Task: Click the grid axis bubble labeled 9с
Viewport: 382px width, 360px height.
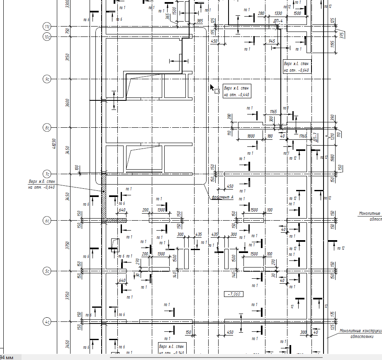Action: (47, 78)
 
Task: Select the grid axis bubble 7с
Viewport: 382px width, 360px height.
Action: (47, 174)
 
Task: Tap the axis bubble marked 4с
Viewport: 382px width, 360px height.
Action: (47, 321)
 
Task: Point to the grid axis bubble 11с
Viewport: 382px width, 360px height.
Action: (47, 27)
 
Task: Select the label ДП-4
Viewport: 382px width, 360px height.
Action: (278, 20)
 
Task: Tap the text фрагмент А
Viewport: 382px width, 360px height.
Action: (222, 197)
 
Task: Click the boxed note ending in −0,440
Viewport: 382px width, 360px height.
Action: (236, 92)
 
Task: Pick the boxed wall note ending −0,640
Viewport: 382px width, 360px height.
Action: (297, 67)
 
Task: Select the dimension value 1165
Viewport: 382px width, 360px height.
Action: (273, 112)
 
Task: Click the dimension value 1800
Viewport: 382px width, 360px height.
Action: (251, 136)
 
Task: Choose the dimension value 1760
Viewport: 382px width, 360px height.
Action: (302, 136)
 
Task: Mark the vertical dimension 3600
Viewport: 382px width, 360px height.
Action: (68, 102)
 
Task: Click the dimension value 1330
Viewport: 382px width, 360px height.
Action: (278, 13)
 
